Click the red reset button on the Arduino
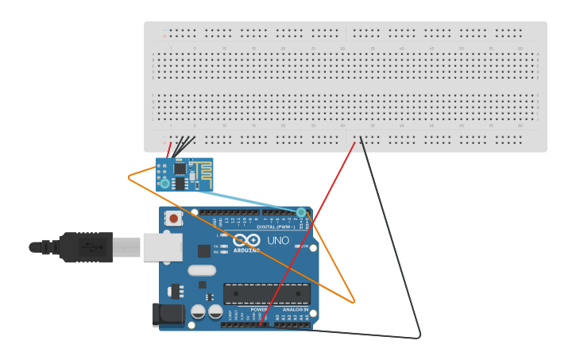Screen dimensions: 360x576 [173, 219]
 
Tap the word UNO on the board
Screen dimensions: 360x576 [278, 241]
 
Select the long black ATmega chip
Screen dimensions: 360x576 [267, 293]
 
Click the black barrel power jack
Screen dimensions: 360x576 [168, 315]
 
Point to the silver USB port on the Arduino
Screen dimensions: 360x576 [162, 247]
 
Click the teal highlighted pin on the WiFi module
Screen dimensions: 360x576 [164, 184]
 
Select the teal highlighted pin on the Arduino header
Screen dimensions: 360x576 [300, 212]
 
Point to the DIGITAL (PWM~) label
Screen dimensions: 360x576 [276, 226]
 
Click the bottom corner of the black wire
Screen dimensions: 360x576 [419, 337]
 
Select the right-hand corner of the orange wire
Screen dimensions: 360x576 [354, 302]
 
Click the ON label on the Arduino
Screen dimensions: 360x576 [304, 246]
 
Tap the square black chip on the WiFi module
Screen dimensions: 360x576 [180, 168]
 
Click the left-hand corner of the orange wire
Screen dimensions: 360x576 [129, 177]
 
